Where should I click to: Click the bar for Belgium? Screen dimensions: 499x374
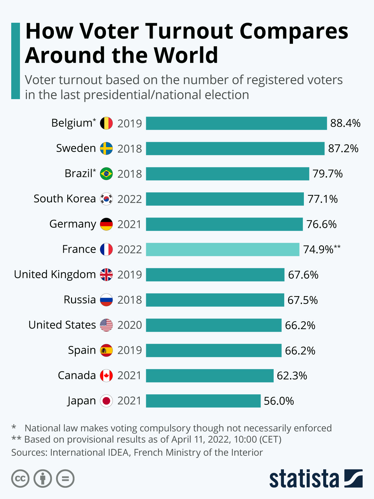[x=236, y=123]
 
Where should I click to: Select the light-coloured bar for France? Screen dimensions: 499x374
[x=223, y=249]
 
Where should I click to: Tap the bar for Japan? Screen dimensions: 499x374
[x=203, y=401]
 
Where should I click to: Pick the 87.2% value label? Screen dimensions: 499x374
[x=343, y=149]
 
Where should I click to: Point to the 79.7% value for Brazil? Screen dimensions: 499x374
[x=328, y=174]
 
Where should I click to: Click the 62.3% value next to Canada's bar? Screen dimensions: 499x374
[x=292, y=376]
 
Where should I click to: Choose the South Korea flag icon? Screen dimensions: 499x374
[x=106, y=199]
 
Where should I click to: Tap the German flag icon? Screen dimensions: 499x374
[x=106, y=224]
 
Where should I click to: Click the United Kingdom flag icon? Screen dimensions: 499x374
[x=106, y=275]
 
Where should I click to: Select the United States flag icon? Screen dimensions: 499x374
[x=106, y=325]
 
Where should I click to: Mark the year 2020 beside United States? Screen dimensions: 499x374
[x=129, y=325]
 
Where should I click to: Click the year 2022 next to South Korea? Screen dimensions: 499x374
[x=129, y=199]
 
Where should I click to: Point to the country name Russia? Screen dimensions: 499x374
[x=80, y=300]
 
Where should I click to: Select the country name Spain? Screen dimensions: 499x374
[x=82, y=350]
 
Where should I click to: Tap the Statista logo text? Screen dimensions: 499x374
[x=304, y=479]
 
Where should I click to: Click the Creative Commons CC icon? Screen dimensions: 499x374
[x=20, y=479]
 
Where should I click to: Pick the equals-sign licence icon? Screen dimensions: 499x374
[x=65, y=479]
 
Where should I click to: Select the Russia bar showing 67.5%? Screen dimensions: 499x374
[x=215, y=300]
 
